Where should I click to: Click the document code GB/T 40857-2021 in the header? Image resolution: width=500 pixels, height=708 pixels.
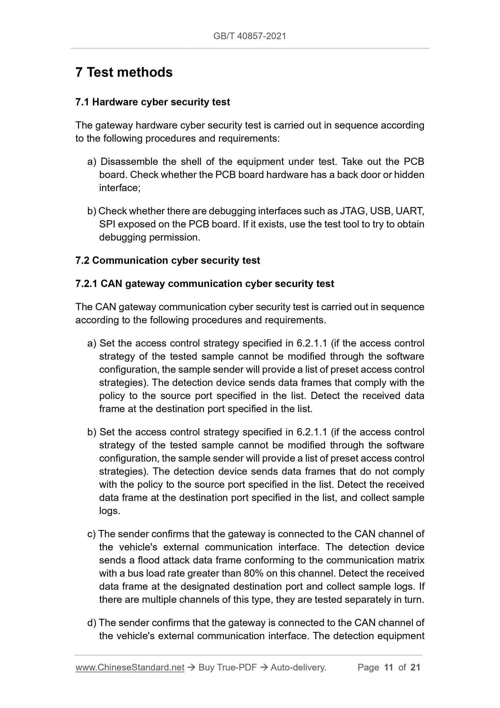[249, 36]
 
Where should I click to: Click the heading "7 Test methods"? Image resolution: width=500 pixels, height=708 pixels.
[124, 73]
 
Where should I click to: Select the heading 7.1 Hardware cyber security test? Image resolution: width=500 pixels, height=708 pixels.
[153, 102]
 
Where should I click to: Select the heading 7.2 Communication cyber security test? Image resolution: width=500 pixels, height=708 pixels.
[168, 261]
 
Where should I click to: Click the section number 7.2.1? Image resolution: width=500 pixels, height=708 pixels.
[86, 284]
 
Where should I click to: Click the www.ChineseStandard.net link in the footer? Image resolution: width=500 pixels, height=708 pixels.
[130, 668]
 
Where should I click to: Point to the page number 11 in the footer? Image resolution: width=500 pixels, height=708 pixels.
[388, 668]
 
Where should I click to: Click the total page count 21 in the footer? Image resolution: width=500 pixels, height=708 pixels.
[415, 668]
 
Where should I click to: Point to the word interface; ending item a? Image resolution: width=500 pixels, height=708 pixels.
[119, 188]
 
